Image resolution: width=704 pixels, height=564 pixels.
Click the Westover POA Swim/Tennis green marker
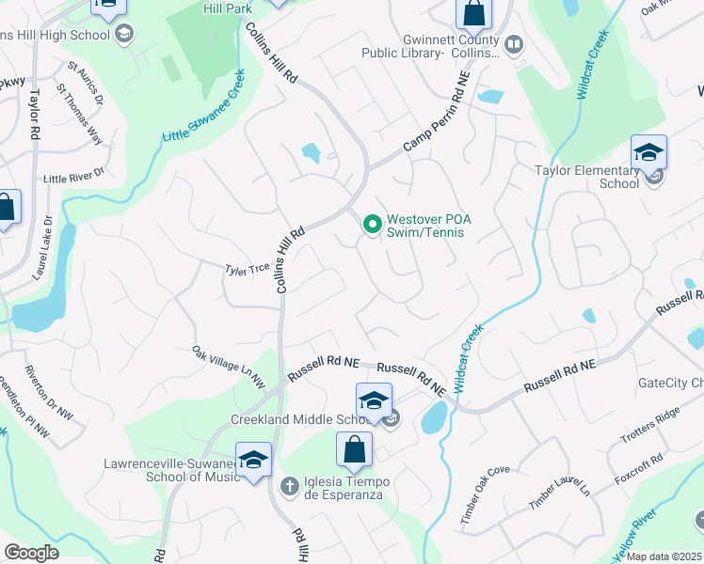[372, 224]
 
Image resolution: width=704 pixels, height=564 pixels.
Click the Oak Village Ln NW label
[230, 367]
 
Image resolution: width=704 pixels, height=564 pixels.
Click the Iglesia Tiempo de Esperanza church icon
[291, 485]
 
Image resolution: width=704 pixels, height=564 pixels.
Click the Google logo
[31, 553]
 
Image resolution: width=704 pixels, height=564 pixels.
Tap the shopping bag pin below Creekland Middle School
[353, 449]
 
